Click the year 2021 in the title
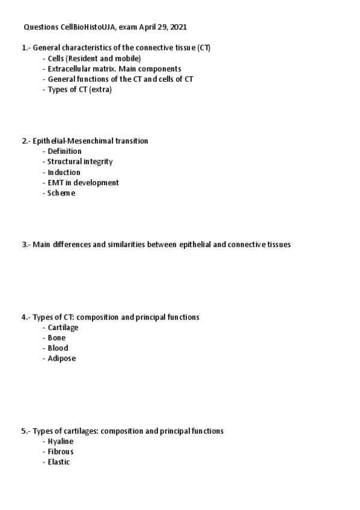[x=186, y=27]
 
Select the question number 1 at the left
[x=25, y=48]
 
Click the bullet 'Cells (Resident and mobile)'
[x=94, y=58]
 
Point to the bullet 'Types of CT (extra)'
[x=80, y=90]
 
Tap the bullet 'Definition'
[x=64, y=151]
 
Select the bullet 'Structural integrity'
[x=80, y=162]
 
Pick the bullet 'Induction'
[x=64, y=172]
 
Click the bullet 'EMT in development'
[x=83, y=182]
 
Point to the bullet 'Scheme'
[x=61, y=193]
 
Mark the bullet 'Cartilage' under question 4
[x=63, y=327]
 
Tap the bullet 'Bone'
[x=56, y=338]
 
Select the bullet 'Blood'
[x=58, y=348]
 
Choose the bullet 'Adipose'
[x=61, y=358]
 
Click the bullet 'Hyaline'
[x=61, y=441]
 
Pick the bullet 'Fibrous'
[x=61, y=452]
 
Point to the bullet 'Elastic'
[x=59, y=462]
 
